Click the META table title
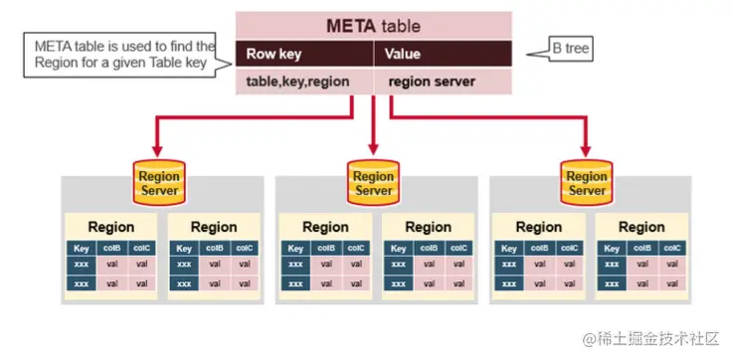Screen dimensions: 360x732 click(373, 26)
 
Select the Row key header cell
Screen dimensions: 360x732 click(274, 55)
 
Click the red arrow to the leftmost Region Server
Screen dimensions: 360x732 click(157, 134)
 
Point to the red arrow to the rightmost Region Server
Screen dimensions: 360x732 click(587, 134)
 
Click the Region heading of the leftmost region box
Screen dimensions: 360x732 click(110, 227)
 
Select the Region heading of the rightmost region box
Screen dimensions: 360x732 click(641, 227)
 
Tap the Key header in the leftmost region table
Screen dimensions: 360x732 click(81, 249)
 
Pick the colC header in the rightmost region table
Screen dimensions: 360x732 click(672, 249)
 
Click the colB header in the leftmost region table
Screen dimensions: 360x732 click(111, 249)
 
